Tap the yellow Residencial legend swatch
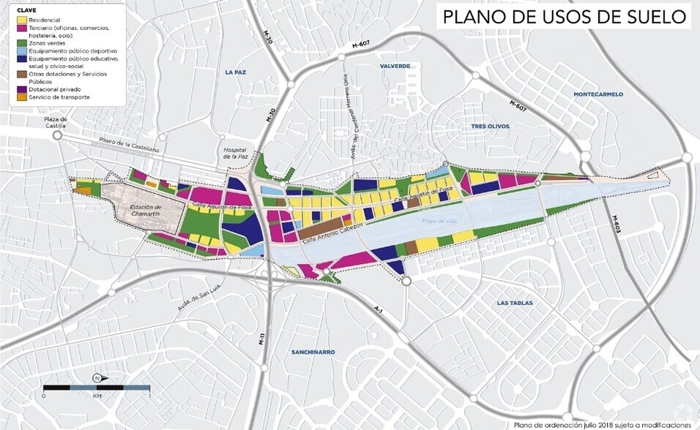point(22,20)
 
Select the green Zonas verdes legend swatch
point(22,44)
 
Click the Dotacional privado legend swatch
point(22,89)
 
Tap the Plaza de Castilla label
point(55,123)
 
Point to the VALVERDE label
point(395,66)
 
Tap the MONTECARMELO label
point(598,94)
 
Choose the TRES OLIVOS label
point(490,127)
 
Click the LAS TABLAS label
point(514,303)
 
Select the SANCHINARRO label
point(313,352)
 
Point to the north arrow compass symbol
point(97,378)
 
